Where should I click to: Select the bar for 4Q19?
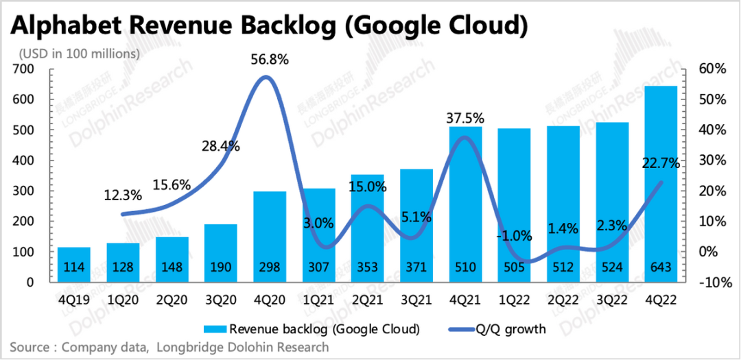click(x=74, y=264)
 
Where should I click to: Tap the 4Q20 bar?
click(x=270, y=237)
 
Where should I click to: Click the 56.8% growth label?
click(x=270, y=60)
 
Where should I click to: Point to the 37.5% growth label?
click(x=465, y=117)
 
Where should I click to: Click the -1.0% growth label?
click(x=514, y=237)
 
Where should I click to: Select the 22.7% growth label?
click(x=661, y=163)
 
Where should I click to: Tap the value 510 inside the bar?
click(x=465, y=268)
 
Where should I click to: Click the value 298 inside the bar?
click(x=270, y=268)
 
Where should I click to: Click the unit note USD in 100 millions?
click(x=80, y=53)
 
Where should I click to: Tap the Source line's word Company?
click(x=87, y=347)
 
